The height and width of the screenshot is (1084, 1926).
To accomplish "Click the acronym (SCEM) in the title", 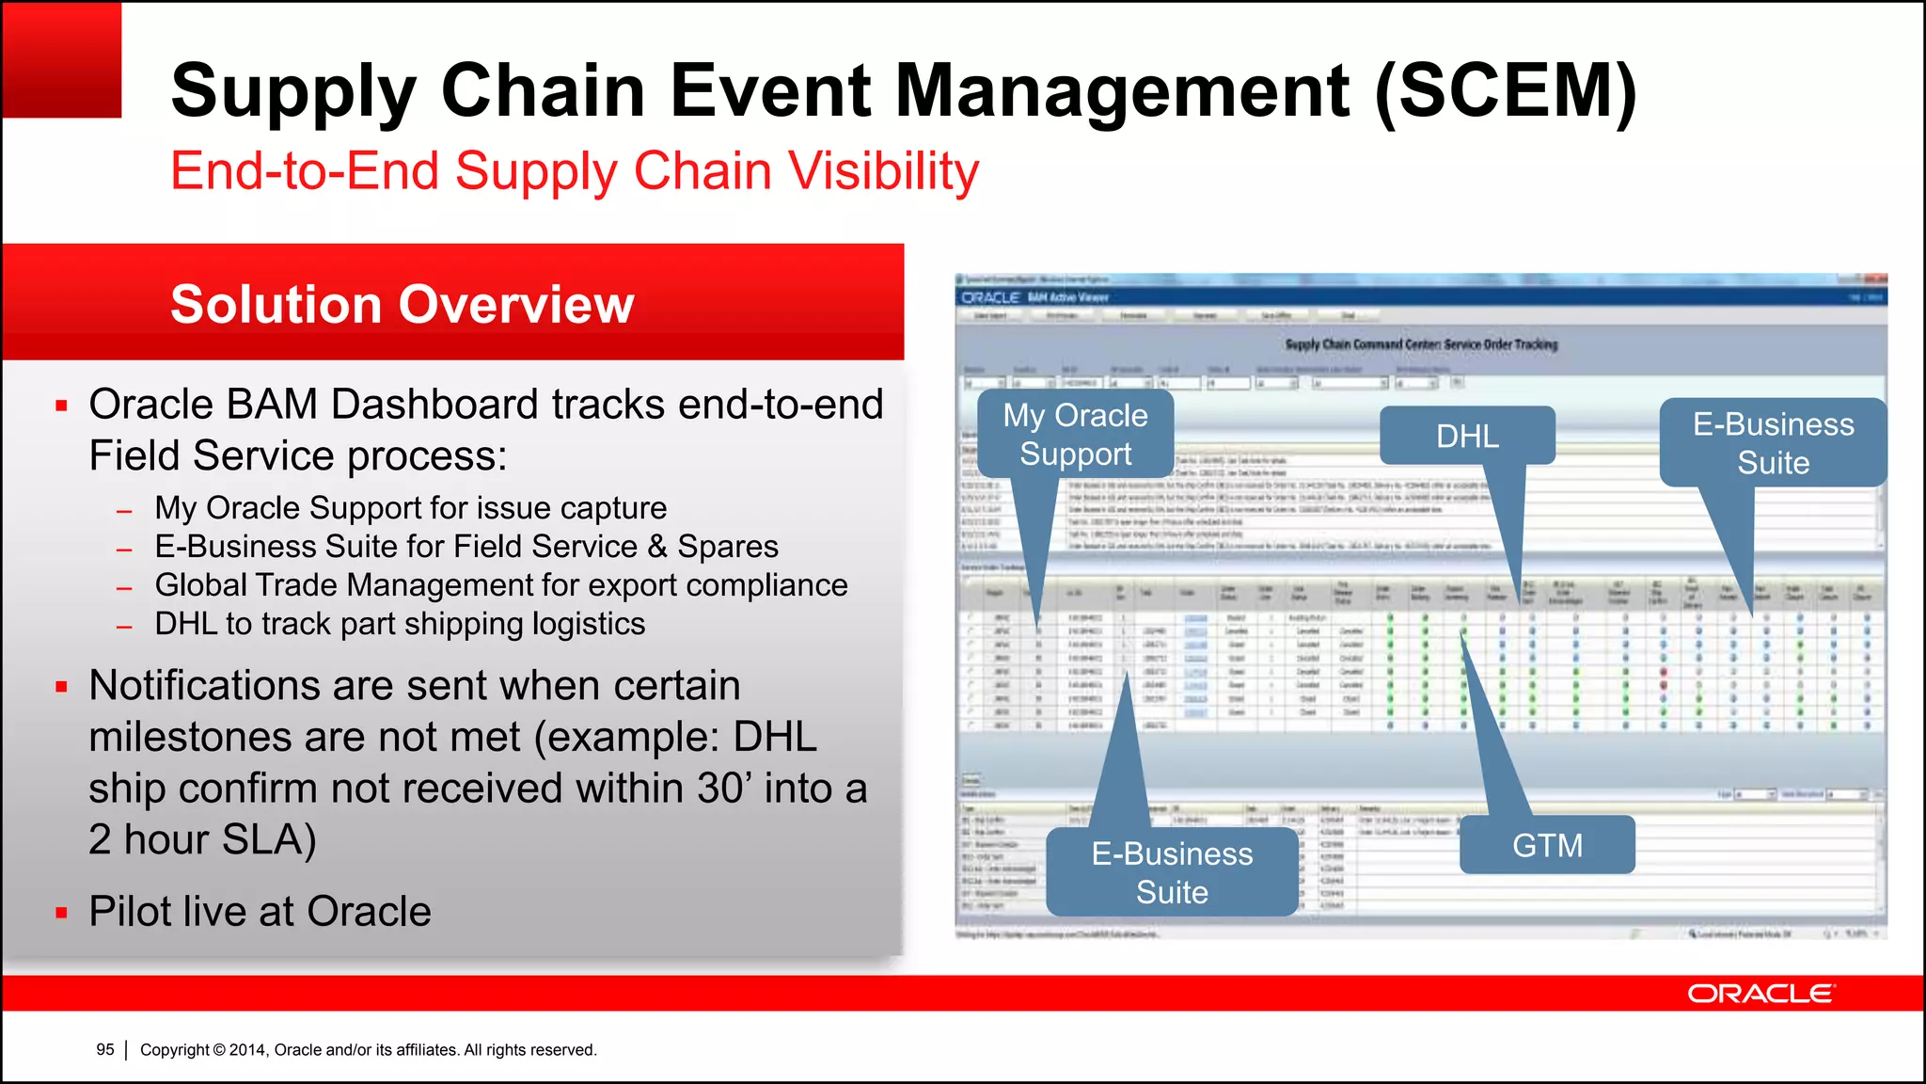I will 1505,91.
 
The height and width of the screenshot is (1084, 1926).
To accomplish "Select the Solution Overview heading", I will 402,304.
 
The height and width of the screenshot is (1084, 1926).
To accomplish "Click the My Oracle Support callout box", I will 1075,435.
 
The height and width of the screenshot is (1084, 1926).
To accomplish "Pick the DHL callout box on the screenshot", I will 1467,436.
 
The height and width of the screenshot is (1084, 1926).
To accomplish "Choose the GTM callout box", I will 1547,845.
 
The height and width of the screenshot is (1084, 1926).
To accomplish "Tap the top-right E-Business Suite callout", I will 1773,442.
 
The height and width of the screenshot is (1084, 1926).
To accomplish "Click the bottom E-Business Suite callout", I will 1172,872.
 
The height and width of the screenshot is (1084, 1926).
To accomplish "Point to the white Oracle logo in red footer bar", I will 1760,994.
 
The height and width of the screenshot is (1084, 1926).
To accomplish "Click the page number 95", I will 105,1049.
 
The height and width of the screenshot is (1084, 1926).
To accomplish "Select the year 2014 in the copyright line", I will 248,1049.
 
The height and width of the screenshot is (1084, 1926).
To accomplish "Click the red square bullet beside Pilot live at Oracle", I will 62,912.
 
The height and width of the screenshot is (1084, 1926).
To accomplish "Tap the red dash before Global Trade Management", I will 124,587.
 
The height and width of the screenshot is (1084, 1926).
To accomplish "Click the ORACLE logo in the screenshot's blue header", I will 990,297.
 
